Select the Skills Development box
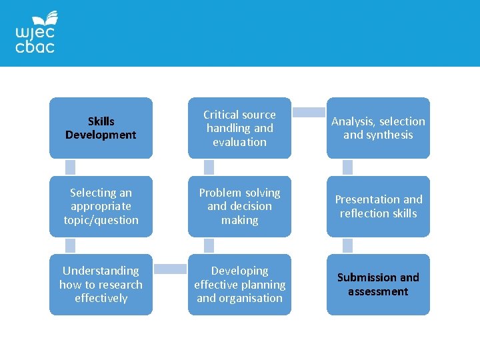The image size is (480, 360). pos(101,128)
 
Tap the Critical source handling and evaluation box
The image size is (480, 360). pos(239,128)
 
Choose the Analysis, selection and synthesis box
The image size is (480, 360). pos(378,128)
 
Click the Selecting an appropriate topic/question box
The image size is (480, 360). pos(101,206)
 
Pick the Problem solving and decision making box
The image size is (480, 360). pos(239,206)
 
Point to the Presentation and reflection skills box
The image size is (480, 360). pos(378,206)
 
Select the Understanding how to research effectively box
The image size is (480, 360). pos(101,284)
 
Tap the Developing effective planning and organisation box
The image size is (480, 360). pos(239,284)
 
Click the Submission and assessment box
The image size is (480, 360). pos(378,284)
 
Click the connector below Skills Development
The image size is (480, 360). pos(70,167)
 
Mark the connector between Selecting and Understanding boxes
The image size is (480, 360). pos(70,245)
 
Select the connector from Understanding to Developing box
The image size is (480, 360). pos(170,269)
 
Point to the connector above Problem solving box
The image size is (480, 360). pos(209,167)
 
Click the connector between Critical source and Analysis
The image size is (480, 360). pos(309,113)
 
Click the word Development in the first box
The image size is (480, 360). pos(101,135)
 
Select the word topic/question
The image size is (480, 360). pos(101,220)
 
